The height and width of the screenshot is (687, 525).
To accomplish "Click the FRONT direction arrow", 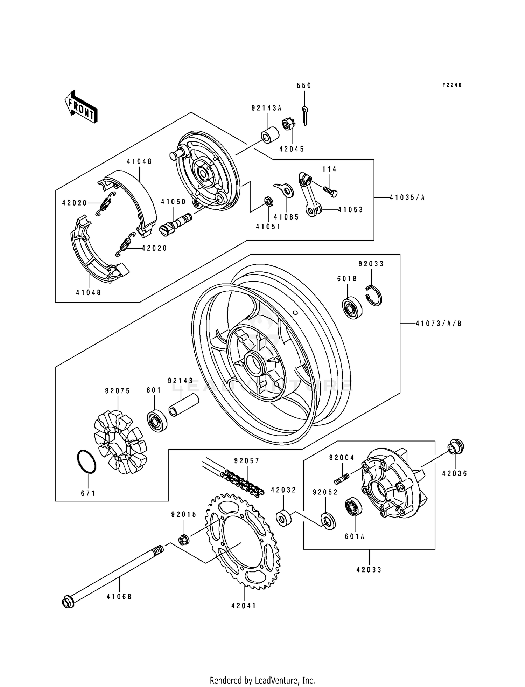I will point(81,106).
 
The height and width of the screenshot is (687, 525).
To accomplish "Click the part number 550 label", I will point(304,85).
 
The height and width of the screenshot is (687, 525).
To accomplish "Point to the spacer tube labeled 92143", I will point(184,405).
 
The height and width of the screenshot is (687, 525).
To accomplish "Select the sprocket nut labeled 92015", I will point(184,540).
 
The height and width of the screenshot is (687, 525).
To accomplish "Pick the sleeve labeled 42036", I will point(455,447).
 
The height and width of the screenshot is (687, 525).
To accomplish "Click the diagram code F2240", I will point(452,85).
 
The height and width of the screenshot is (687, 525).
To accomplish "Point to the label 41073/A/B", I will point(439,324).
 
